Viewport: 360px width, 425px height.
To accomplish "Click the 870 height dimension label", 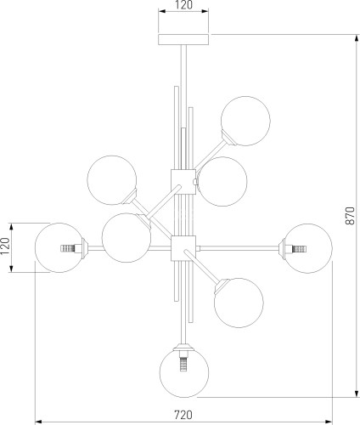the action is (x=350, y=216).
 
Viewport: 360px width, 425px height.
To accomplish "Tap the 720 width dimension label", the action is (x=183, y=415).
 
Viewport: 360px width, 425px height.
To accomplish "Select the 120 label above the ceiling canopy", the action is (x=183, y=5).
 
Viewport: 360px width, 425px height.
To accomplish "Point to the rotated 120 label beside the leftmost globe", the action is (x=6, y=246).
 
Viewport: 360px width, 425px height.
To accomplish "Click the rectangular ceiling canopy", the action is (x=183, y=39).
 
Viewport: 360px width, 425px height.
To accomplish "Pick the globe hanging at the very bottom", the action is (x=184, y=372).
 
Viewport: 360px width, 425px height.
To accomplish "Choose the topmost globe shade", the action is (x=245, y=121).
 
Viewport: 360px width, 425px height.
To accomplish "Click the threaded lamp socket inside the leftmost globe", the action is (x=69, y=248).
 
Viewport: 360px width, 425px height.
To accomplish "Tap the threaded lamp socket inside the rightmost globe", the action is (x=298, y=249).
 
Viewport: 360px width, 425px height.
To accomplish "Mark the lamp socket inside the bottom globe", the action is (x=184, y=362).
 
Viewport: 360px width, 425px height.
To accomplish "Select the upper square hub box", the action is (x=183, y=182).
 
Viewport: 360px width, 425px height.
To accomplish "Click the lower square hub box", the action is (x=183, y=248).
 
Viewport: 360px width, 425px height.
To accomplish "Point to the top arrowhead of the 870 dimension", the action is (x=356, y=37).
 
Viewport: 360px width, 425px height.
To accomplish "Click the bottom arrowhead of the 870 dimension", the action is (x=356, y=394).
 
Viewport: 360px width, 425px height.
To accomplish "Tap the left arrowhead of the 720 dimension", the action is (x=38, y=422).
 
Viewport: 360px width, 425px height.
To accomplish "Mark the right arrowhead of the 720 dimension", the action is (x=329, y=422).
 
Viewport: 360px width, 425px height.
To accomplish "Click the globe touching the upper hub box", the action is (x=222, y=182).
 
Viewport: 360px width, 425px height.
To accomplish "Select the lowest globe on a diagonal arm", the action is (x=239, y=303).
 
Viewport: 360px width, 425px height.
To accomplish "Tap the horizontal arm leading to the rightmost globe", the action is (x=239, y=248).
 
